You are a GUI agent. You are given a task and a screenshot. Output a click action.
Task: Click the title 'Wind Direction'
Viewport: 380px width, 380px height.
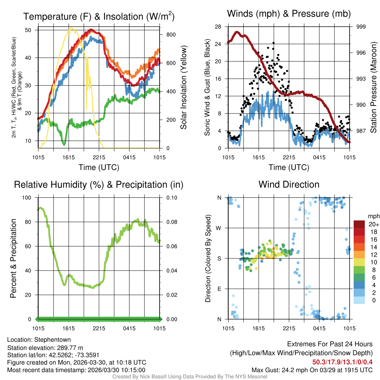289,184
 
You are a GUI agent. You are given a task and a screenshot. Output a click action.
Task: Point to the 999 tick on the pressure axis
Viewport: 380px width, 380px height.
361,27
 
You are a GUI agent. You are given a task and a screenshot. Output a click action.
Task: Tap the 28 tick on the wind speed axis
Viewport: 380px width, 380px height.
217,27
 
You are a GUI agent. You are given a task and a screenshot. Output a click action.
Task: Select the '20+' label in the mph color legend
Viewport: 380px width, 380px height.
373,225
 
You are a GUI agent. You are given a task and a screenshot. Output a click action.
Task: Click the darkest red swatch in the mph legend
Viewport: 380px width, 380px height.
359,225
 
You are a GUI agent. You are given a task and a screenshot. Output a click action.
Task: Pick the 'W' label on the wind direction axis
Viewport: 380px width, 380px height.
219,228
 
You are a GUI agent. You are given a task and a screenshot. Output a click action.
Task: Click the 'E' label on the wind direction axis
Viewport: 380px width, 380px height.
219,289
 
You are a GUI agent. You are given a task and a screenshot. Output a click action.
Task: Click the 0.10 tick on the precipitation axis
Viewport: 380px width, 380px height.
171,198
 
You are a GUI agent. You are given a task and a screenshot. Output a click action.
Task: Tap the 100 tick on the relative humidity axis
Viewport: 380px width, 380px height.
28,198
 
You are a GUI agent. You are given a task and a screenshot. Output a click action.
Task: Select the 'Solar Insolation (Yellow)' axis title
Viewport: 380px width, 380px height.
183,88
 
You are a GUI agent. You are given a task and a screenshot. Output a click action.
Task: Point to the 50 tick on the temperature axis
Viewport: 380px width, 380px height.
29,30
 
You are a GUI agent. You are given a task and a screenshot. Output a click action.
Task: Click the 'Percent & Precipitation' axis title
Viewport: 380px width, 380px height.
13,258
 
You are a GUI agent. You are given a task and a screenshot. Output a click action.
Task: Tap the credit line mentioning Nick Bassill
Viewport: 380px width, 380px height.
190,377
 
